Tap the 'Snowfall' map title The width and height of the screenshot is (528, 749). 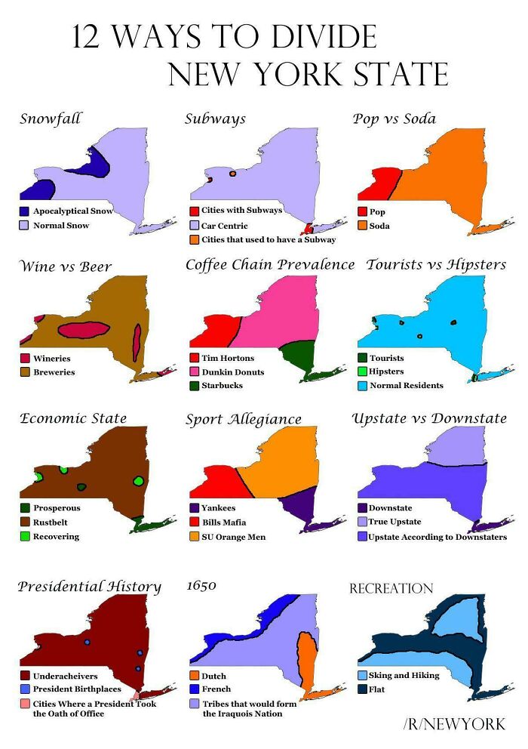(50, 119)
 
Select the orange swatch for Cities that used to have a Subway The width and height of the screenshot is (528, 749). (194, 239)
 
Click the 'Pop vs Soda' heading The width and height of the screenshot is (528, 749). (394, 119)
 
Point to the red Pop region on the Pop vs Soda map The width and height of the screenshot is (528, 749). (381, 183)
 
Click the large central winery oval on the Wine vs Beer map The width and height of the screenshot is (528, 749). (84, 329)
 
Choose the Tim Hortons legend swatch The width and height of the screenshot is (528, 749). (194, 358)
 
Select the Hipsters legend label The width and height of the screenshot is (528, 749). (385, 371)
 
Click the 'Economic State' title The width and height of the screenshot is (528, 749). (72, 418)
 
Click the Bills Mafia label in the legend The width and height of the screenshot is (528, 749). (224, 522)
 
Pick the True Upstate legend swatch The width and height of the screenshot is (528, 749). (362, 522)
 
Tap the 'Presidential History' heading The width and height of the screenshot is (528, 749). (89, 587)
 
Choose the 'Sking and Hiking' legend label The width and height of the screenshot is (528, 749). (404, 675)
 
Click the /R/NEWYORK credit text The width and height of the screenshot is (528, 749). (454, 725)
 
